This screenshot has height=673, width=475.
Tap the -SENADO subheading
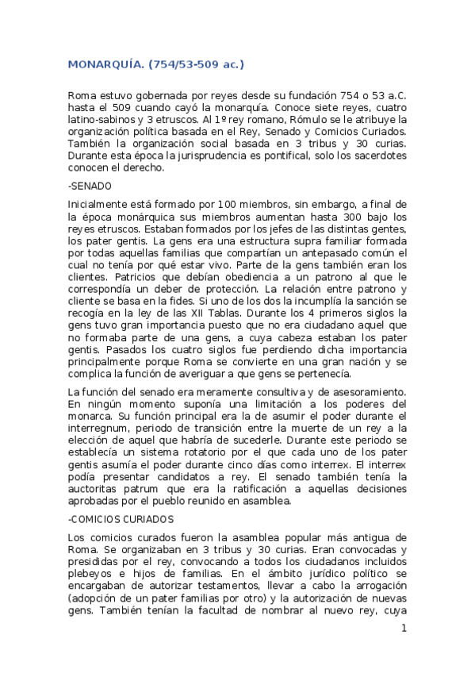[90, 185]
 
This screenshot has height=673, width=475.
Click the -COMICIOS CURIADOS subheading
[121, 519]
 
